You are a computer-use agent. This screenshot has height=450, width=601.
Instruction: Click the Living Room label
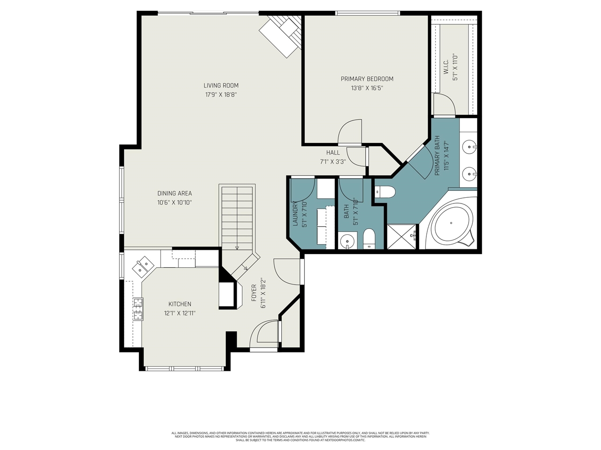[x=221, y=85]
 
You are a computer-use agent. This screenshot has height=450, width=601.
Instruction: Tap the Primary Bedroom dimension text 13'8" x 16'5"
[x=367, y=88]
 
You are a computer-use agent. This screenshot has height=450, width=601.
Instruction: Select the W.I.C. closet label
[x=446, y=67]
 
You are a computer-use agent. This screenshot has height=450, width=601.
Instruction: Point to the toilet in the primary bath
[x=385, y=192]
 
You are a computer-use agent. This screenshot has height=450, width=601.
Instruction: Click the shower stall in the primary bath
[x=401, y=236]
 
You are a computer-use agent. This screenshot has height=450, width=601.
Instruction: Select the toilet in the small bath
[x=369, y=240]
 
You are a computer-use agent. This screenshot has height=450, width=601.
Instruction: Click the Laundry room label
[x=296, y=214]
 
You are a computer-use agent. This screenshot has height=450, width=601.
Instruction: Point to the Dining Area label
[x=174, y=193]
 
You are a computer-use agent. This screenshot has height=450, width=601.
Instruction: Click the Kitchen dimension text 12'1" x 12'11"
[x=179, y=313]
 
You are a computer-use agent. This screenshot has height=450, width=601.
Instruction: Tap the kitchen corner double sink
[x=143, y=267]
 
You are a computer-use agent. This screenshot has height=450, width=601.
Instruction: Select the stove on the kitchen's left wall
[x=138, y=309]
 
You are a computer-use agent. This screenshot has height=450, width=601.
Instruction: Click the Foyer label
[x=254, y=292]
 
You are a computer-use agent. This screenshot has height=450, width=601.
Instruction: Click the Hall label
[x=333, y=152]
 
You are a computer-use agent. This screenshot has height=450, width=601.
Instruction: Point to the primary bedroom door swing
[x=351, y=132]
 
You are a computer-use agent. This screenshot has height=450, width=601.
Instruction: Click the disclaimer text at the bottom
[x=300, y=436]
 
